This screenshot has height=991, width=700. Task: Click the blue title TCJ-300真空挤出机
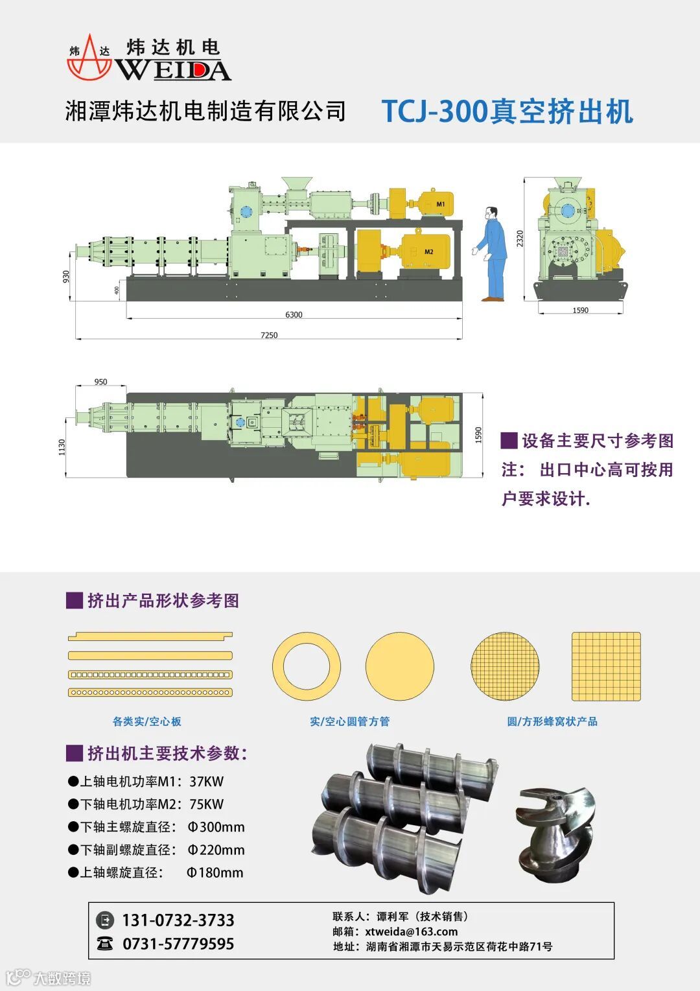(x=507, y=111)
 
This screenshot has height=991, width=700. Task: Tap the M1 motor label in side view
(x=441, y=204)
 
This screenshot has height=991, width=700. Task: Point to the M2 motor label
(x=428, y=251)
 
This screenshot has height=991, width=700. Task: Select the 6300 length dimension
(x=294, y=315)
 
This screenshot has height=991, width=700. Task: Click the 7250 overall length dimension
(x=269, y=335)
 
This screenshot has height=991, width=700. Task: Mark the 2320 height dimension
(x=520, y=239)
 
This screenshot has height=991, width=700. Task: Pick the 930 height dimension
(x=66, y=277)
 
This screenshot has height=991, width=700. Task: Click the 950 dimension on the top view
(x=100, y=382)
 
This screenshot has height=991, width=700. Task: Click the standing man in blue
(x=494, y=254)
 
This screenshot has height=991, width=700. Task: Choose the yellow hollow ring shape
(x=307, y=666)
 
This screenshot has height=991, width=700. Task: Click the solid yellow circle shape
(x=399, y=666)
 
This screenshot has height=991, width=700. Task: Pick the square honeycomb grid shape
(x=606, y=666)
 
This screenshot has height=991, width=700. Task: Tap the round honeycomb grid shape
(x=505, y=666)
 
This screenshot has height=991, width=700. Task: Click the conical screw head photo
(x=555, y=830)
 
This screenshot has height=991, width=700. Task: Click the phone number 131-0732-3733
(x=178, y=920)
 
